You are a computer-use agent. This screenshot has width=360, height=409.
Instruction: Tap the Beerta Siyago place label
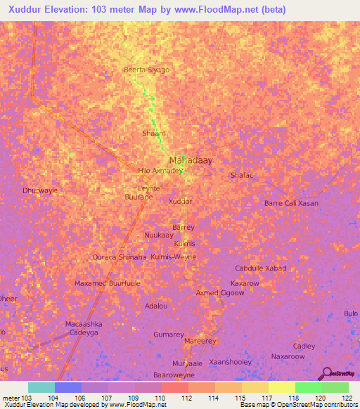click(147, 70)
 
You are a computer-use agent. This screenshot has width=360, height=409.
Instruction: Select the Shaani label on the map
click(153, 133)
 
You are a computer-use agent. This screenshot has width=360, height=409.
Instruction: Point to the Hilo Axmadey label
click(160, 171)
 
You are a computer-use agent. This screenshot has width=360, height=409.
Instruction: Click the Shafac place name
click(242, 176)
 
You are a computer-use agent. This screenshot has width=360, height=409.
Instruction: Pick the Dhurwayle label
click(39, 190)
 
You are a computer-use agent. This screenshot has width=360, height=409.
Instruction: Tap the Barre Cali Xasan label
click(291, 203)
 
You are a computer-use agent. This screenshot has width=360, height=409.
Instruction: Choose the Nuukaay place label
click(158, 235)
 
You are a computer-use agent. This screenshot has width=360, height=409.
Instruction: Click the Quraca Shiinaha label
click(119, 257)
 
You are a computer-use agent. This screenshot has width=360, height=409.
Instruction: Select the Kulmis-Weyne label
click(174, 257)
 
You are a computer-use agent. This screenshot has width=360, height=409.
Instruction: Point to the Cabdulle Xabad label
click(261, 269)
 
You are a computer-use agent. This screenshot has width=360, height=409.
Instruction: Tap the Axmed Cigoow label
click(219, 293)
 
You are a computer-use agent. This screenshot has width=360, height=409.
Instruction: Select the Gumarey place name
click(168, 334)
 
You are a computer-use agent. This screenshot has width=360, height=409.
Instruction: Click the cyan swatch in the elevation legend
click(41, 387)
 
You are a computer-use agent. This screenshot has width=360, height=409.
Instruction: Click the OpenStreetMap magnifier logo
click(328, 373)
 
